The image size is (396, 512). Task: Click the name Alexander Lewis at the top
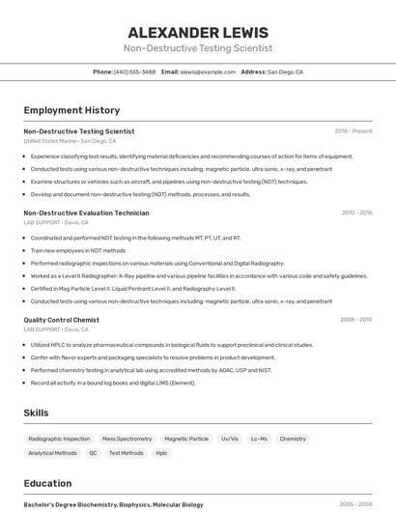(198, 32)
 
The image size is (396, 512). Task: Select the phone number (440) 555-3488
(134, 71)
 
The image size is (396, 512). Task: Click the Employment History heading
(71, 110)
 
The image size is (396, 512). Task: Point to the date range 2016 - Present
(353, 130)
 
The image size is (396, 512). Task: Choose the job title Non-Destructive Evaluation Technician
(86, 213)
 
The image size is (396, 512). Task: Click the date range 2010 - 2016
(356, 213)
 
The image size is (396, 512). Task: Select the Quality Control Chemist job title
(61, 320)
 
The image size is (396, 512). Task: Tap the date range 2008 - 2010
(355, 320)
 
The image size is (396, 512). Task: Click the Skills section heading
(36, 412)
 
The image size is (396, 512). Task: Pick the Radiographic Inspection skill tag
(59, 439)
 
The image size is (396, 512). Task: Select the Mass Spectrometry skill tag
(127, 439)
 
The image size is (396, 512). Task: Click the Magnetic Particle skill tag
(186, 439)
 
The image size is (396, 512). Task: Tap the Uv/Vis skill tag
(230, 439)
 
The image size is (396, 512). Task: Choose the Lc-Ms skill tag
(259, 439)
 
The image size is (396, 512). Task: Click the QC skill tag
(93, 453)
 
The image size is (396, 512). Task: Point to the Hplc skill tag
(161, 453)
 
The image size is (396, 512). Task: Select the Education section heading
(47, 483)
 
